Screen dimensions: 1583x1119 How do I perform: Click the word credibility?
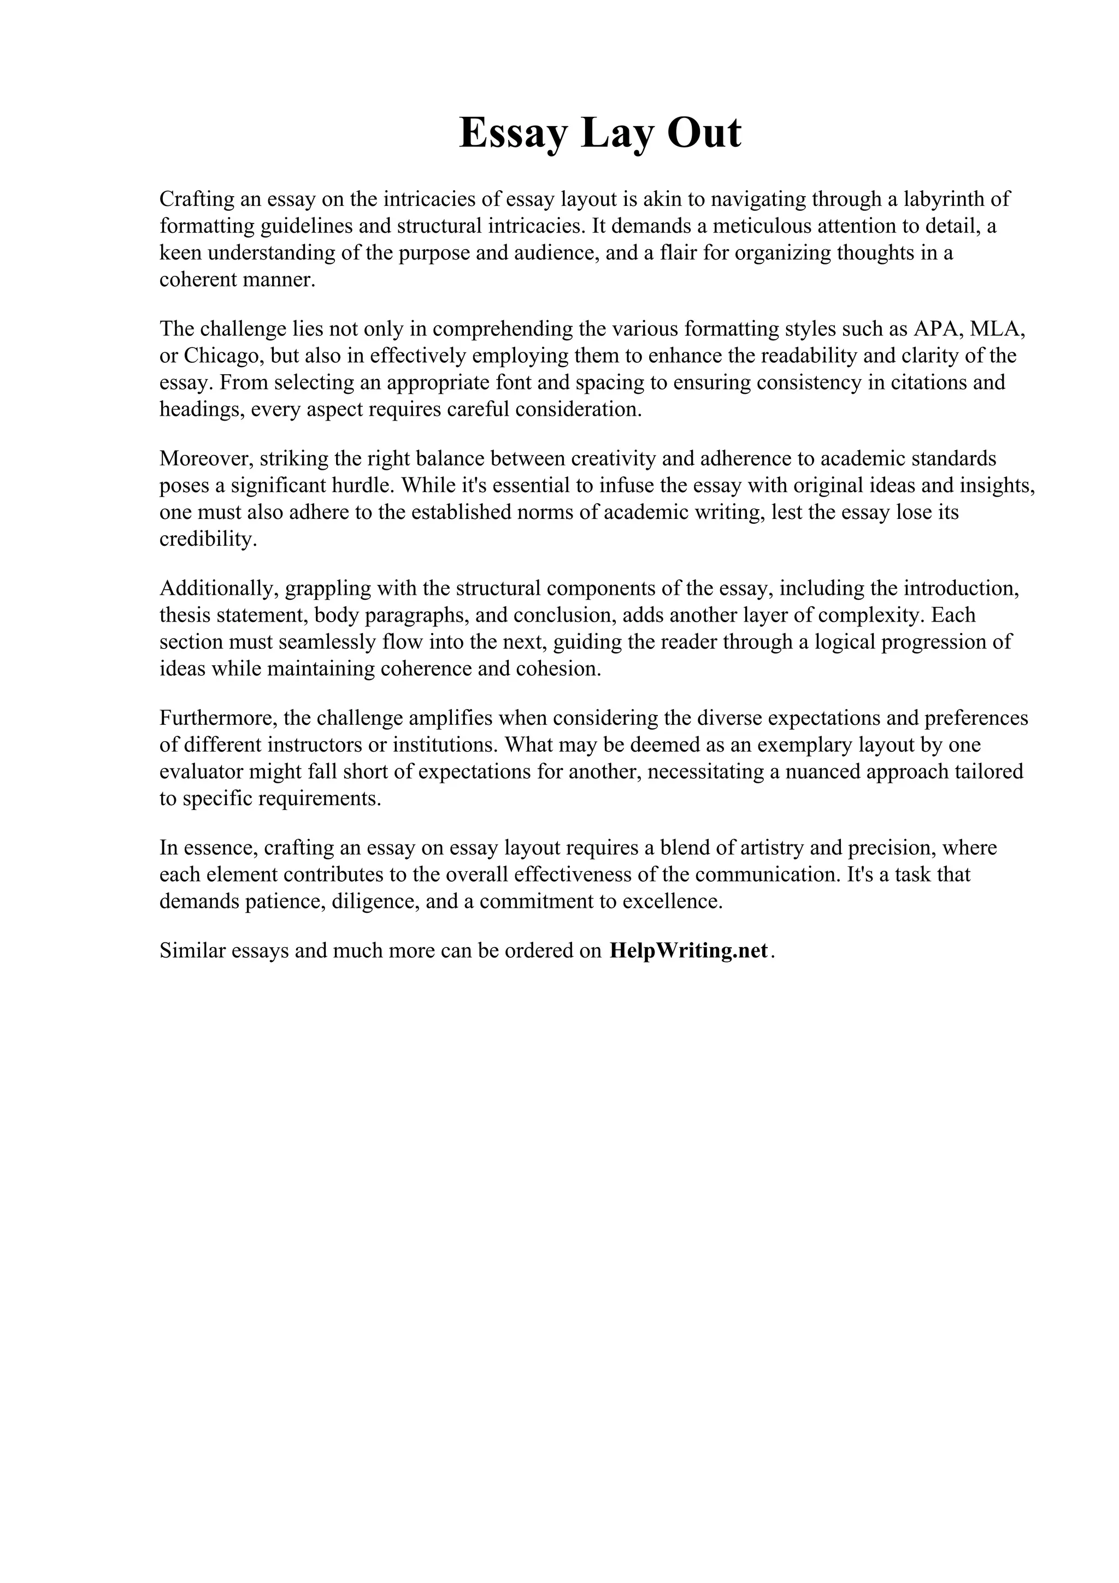(208, 539)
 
